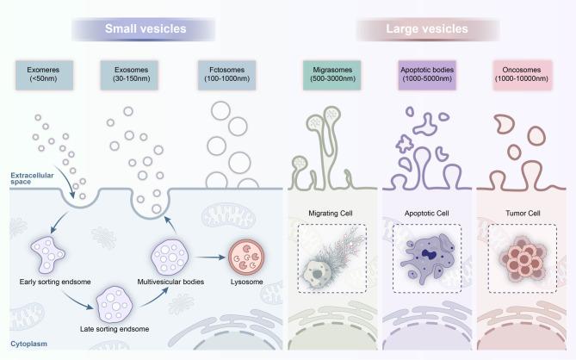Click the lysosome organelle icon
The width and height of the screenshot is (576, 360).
pyautogui.click(x=245, y=255)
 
